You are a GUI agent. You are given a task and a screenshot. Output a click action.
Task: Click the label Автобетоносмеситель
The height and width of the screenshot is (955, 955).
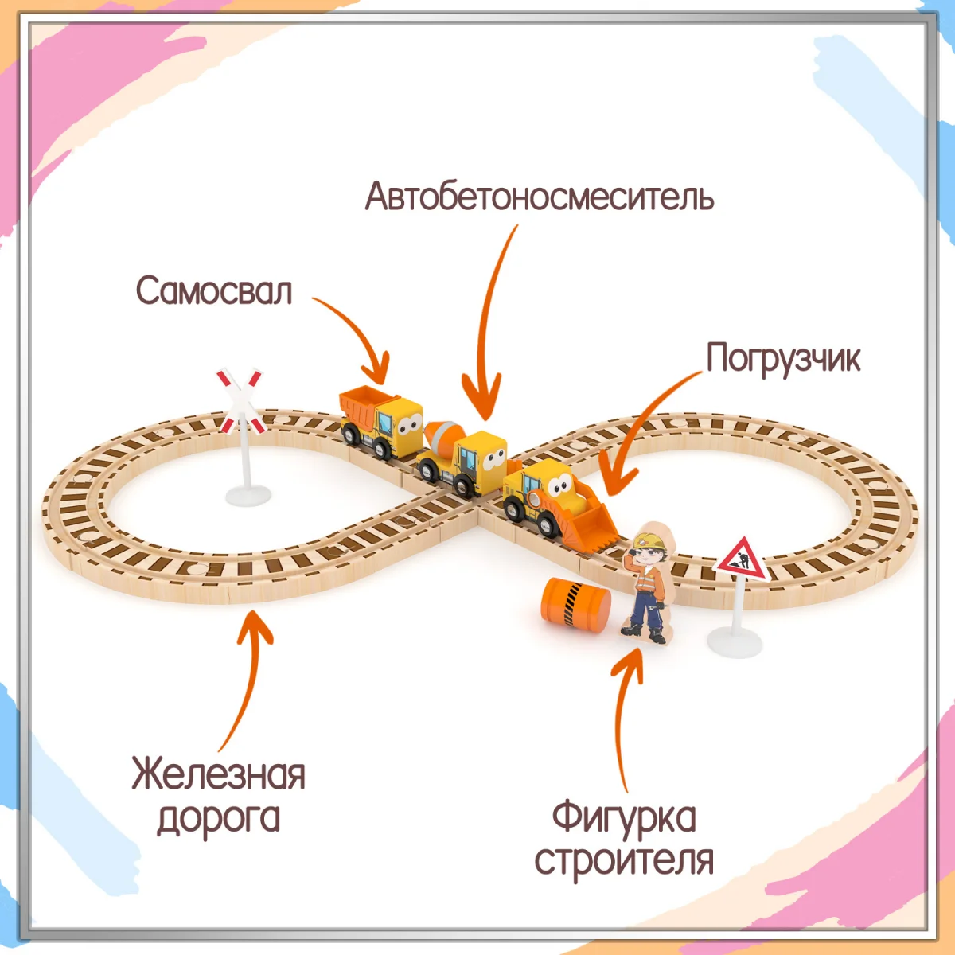coord(539,196)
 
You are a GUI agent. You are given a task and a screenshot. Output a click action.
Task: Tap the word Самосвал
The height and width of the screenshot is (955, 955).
coord(214,290)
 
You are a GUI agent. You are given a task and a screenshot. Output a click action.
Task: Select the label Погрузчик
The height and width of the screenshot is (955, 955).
coord(783,358)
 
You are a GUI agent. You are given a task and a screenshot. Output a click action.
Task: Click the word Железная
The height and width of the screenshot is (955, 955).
coord(218,774)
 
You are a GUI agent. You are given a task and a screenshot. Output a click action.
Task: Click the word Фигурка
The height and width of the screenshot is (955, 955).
coord(624,817)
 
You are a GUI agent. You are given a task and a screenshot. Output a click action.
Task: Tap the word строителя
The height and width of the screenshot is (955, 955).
coord(624,860)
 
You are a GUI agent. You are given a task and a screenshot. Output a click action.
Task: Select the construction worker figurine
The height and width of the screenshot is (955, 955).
coord(649,585)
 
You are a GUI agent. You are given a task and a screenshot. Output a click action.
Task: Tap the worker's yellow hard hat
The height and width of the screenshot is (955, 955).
coord(649,540)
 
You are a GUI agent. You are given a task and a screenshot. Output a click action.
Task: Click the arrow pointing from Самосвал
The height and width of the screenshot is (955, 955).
coord(358,334)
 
